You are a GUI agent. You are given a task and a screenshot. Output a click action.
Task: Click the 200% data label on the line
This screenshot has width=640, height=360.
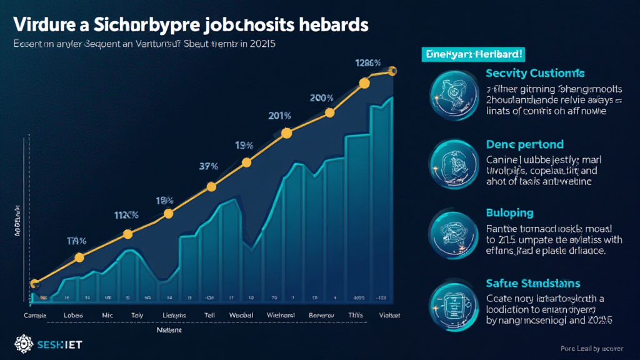(321, 98)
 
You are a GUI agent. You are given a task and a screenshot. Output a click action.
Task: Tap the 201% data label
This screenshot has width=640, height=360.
(279, 116)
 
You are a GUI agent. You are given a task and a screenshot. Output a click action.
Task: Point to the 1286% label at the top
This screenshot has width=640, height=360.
(367, 62)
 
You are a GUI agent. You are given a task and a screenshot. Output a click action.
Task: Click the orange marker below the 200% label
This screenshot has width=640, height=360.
(331, 112)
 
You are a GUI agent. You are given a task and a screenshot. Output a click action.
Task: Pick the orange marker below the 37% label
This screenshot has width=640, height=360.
(211, 186)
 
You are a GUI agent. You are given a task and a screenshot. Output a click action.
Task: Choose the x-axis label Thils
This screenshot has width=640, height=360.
(356, 314)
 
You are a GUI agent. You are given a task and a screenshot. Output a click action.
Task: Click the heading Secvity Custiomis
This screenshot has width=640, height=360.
(534, 74)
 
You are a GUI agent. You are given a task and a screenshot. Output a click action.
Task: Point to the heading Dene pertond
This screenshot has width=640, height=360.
(524, 144)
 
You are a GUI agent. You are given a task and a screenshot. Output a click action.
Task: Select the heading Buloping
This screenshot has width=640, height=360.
(509, 213)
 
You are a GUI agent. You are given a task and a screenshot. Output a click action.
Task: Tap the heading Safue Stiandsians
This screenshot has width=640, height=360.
(532, 283)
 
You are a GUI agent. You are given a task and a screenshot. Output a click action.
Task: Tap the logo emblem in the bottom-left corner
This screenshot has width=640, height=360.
(22, 344)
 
